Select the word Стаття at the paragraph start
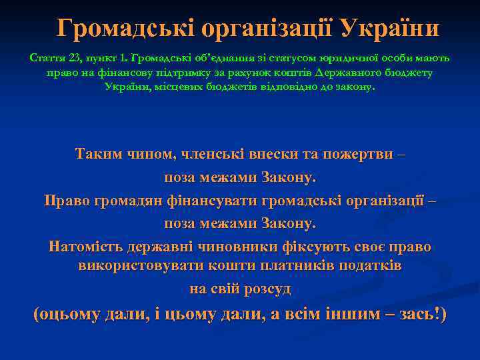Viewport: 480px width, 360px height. coord(45,58)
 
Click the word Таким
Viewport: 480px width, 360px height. coord(98,155)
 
